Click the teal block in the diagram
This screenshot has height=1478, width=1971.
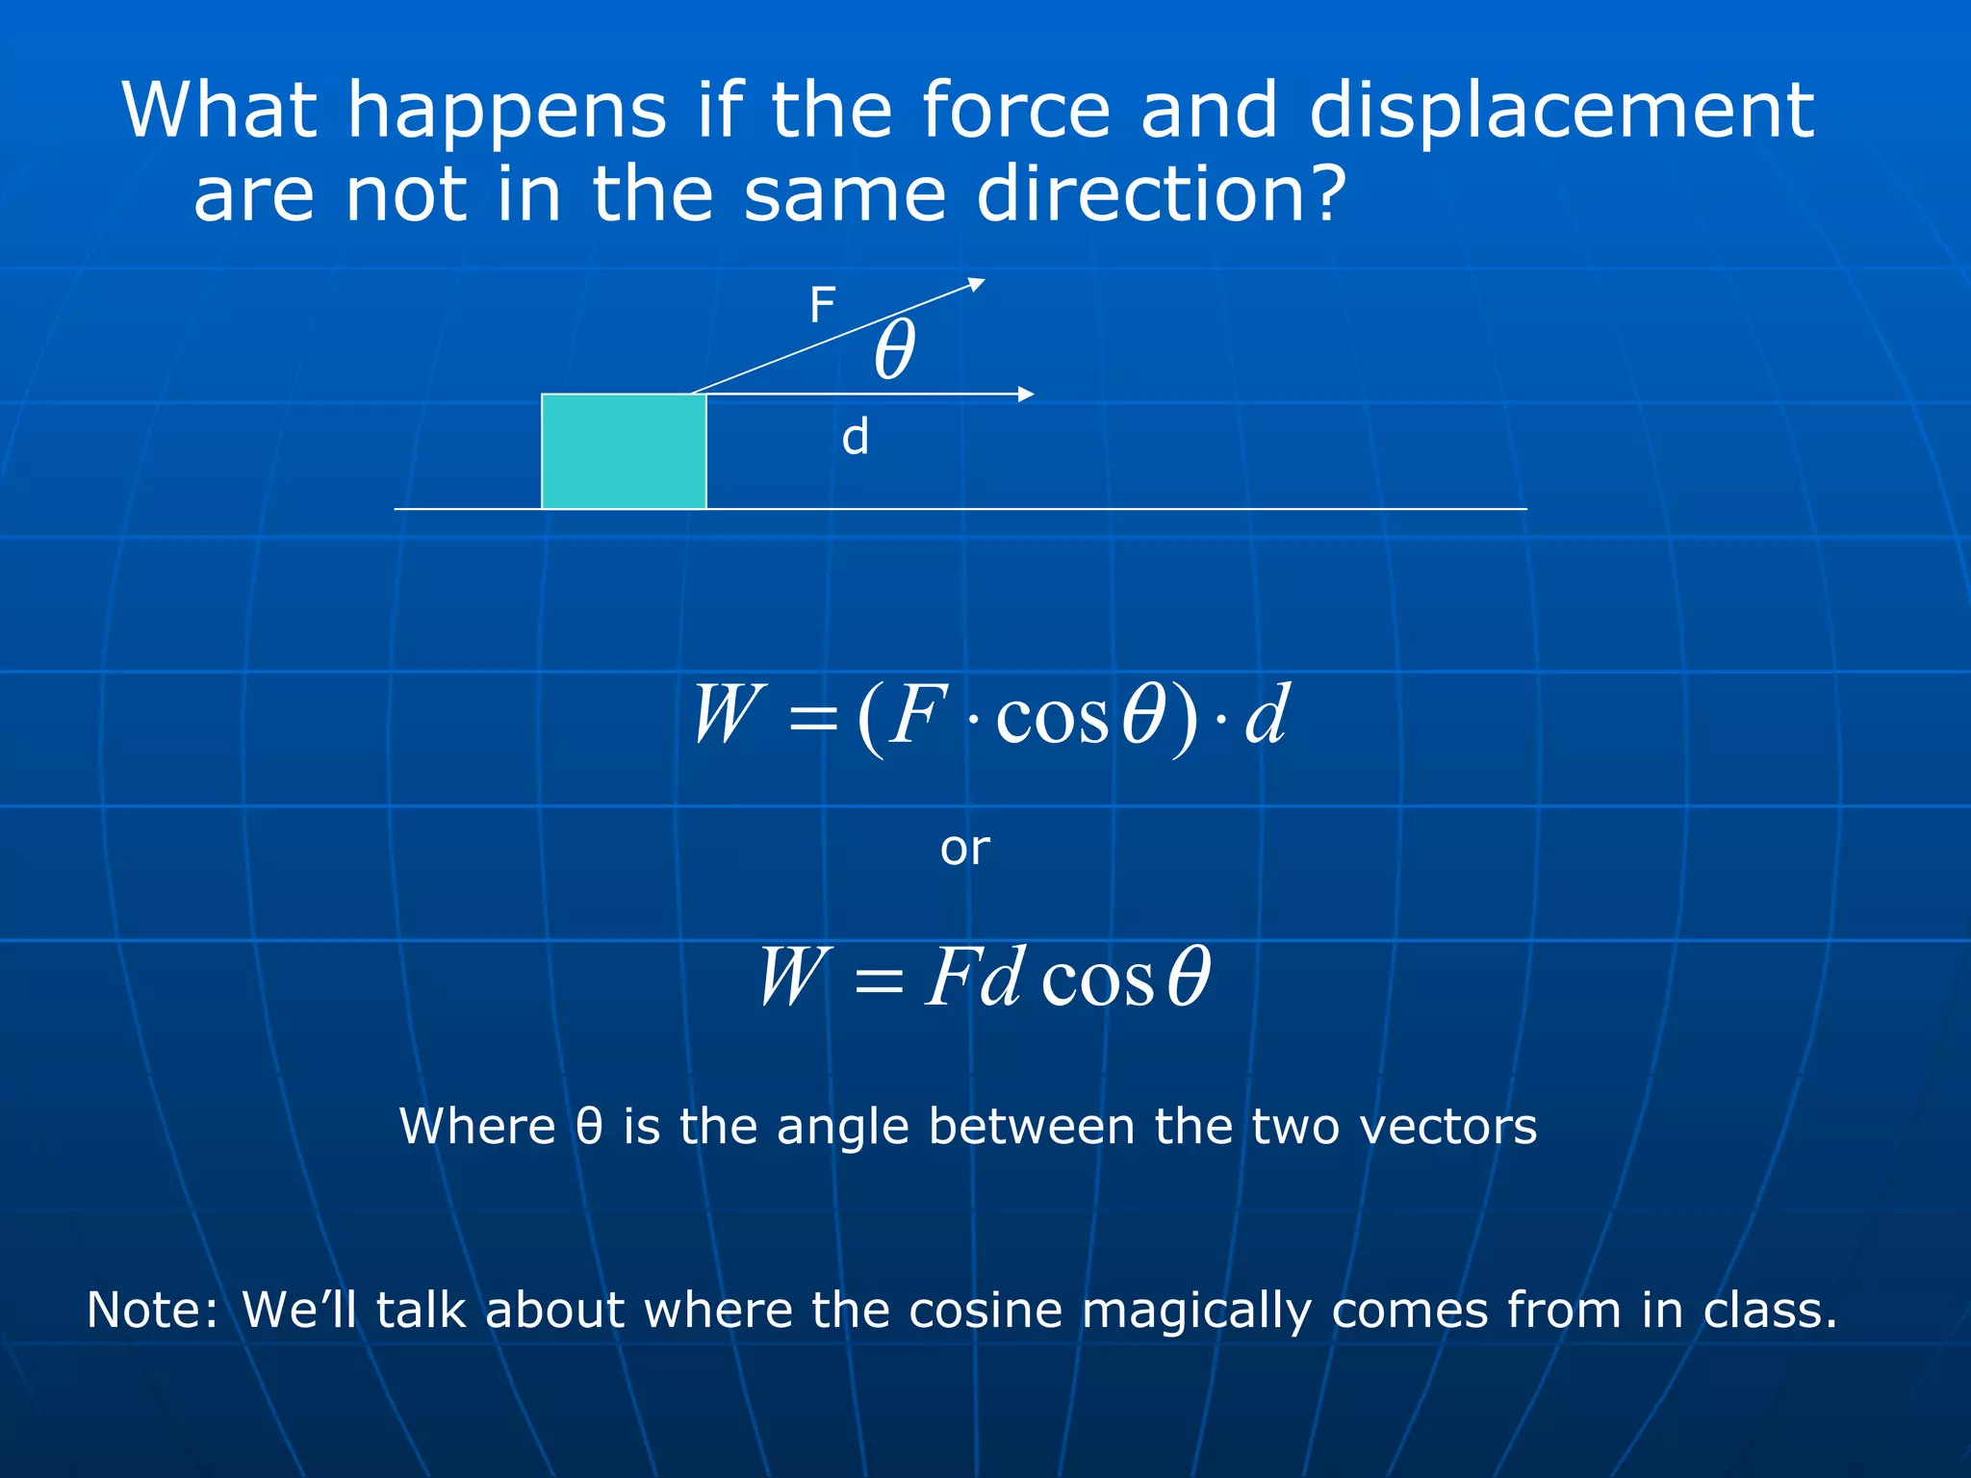(x=624, y=451)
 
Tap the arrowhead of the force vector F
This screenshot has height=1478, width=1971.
(x=977, y=283)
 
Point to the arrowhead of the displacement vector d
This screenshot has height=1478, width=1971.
(x=1027, y=394)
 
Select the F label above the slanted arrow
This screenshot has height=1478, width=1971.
(x=822, y=306)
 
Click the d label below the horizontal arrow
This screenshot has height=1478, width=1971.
(x=855, y=438)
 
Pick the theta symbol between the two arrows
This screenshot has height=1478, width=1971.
(x=895, y=350)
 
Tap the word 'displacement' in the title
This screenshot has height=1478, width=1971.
(x=1561, y=112)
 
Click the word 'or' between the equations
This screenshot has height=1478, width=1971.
(x=964, y=849)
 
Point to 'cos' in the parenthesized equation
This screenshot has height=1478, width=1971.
(x=1053, y=718)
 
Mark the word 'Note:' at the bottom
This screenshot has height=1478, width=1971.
(x=154, y=1310)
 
